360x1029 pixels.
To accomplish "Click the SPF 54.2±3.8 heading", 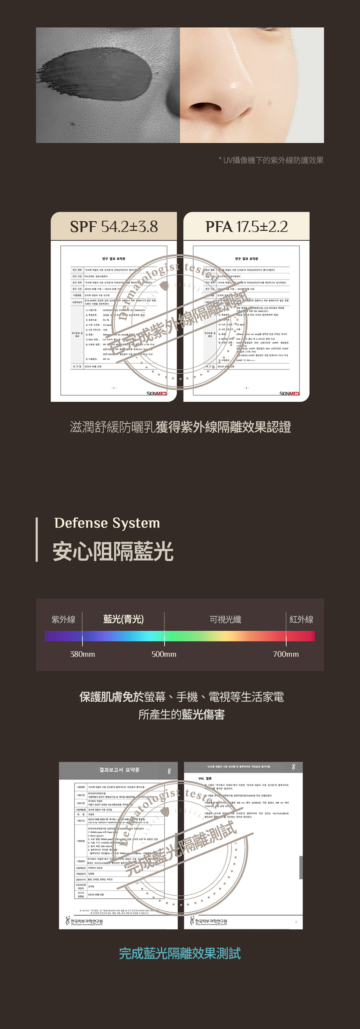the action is click(x=114, y=227).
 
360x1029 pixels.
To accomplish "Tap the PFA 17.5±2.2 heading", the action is click(x=247, y=227).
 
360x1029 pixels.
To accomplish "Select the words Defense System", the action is click(x=107, y=523).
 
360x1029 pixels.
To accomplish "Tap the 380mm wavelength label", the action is click(x=82, y=654).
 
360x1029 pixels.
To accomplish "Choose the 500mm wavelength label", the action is click(x=164, y=654).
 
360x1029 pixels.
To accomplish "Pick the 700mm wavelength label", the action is click(x=286, y=654).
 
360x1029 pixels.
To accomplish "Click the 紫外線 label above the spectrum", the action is click(x=64, y=619).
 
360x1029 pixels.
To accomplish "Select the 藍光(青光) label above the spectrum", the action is click(x=124, y=619).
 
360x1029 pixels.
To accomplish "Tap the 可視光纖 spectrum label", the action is click(x=225, y=619).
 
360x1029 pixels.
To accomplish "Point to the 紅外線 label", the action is click(x=301, y=619).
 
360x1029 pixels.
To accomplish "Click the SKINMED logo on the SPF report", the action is click(x=156, y=393).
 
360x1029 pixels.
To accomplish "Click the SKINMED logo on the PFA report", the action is click(x=289, y=393).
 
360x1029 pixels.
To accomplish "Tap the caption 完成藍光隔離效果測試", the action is click(x=180, y=953).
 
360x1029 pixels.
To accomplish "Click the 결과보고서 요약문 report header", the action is click(x=119, y=770).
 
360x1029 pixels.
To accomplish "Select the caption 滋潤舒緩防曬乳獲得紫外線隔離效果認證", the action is click(x=180, y=427).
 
